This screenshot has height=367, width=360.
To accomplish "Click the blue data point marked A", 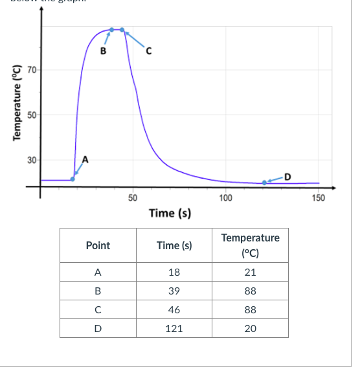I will (x=73, y=179).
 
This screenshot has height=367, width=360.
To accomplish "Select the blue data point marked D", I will (x=264, y=183).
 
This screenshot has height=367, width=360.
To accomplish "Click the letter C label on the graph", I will (x=148, y=52).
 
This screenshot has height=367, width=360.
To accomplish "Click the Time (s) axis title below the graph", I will (x=170, y=213).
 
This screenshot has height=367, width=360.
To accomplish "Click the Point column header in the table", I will (x=98, y=245).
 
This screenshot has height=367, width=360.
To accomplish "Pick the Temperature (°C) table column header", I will (x=251, y=245).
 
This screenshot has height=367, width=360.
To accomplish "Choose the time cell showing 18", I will (x=174, y=272).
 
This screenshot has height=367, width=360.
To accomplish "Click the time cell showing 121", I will (x=174, y=328).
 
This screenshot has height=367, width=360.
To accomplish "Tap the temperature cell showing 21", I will (x=251, y=272).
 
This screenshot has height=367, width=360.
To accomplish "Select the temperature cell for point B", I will (x=251, y=291).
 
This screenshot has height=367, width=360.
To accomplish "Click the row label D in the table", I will (x=98, y=328).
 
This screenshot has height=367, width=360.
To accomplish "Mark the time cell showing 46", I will (x=174, y=309).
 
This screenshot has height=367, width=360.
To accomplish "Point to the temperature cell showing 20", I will (x=251, y=328).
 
